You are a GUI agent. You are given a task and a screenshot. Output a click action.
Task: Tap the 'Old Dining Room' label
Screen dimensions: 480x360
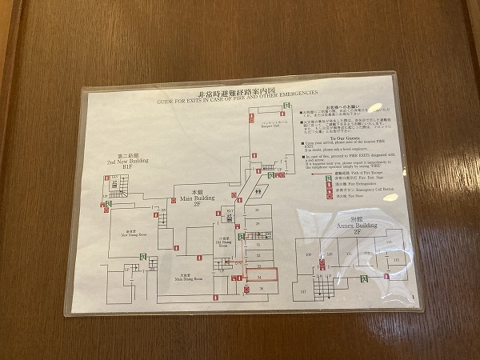pos(225,242)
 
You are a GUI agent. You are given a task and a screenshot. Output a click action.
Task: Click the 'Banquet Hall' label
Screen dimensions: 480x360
pos(269,125)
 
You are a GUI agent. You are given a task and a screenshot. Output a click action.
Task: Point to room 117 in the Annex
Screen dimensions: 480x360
pos(304,291)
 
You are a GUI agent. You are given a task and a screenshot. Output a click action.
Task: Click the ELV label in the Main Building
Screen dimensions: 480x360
pos(230,212)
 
